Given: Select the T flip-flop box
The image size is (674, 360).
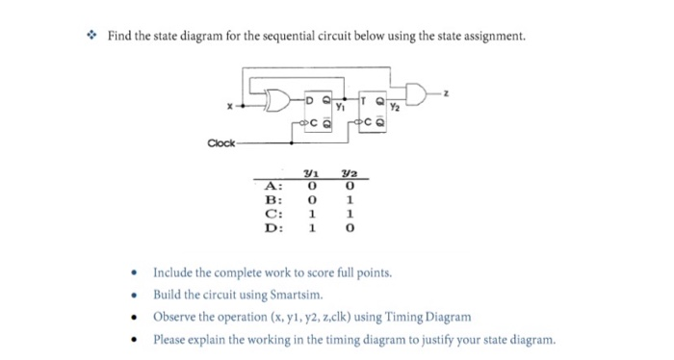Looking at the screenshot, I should point(376,111).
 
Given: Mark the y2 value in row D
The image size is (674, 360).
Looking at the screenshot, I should point(354,229).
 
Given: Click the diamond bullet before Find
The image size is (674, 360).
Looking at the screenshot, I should point(92,38).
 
